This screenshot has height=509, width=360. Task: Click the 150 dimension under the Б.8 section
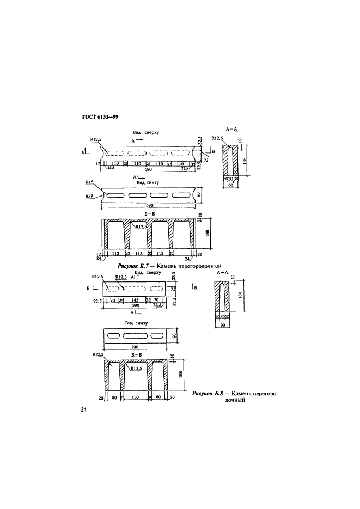136,398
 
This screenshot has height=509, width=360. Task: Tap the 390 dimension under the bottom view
133,347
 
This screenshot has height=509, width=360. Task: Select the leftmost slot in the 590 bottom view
116,195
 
